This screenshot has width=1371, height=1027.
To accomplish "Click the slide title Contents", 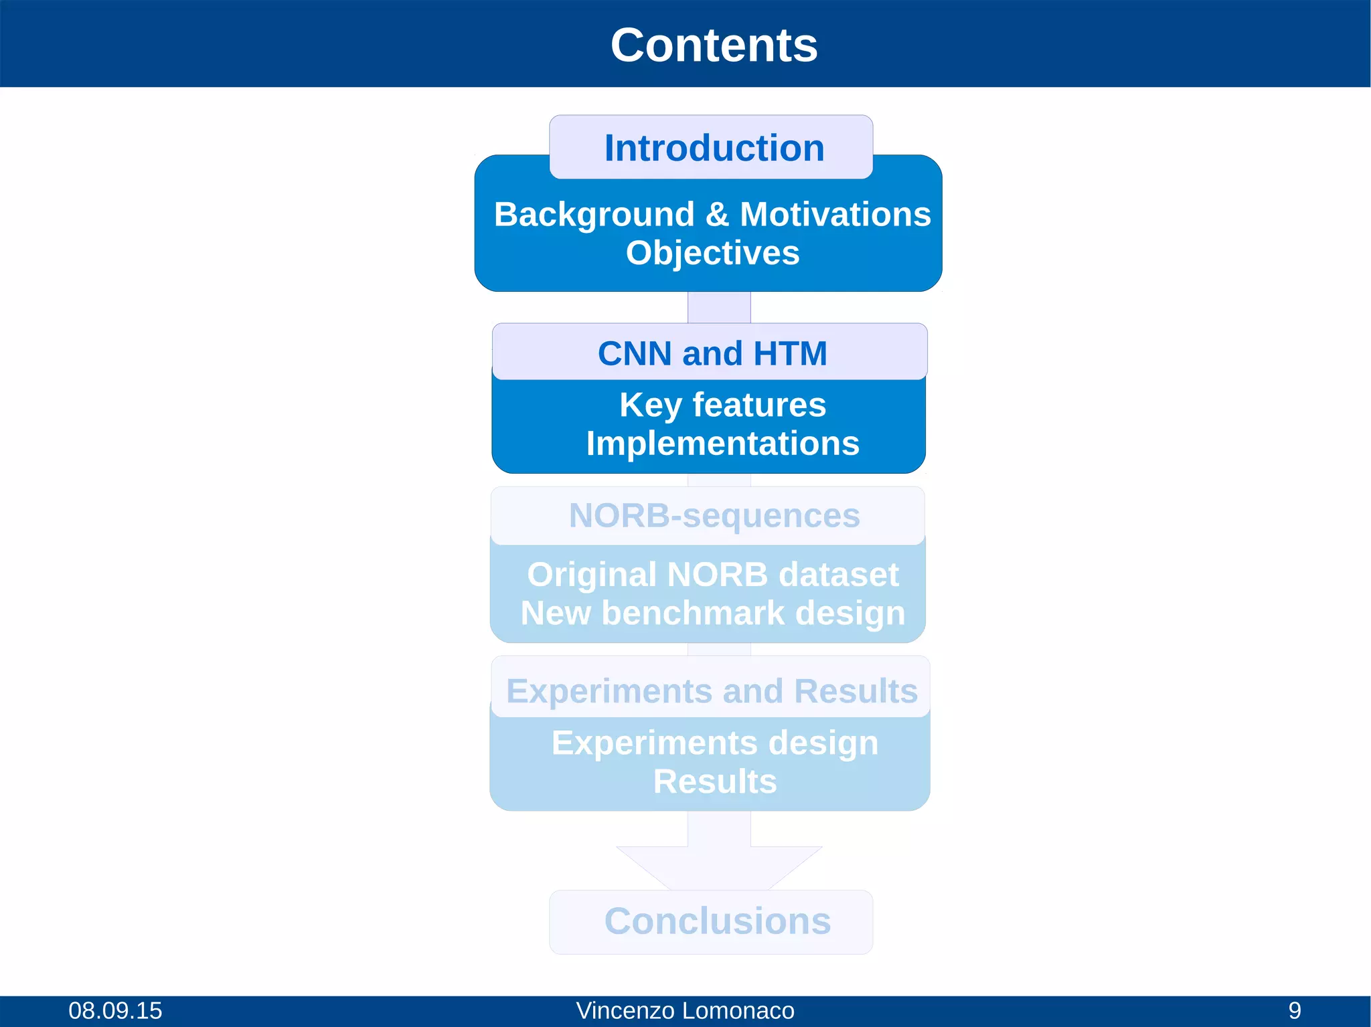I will click(x=714, y=45).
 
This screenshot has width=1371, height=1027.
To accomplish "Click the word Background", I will click(x=594, y=215).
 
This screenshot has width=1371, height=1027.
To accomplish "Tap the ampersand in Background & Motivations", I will click(x=717, y=215).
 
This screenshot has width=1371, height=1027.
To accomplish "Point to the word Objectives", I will click(x=712, y=253).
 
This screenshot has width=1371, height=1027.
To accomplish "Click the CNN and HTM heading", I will click(x=712, y=353).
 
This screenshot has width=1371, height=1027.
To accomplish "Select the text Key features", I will click(x=722, y=405).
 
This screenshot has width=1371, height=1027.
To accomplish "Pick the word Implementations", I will click(x=722, y=444).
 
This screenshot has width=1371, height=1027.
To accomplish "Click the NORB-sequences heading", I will click(x=714, y=516).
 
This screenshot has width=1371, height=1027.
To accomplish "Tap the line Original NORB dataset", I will click(x=712, y=575).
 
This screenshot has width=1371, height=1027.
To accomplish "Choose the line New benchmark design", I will click(x=712, y=613).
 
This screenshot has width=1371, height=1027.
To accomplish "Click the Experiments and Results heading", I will click(x=712, y=691).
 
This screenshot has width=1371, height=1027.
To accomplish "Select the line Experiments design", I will click(x=714, y=743).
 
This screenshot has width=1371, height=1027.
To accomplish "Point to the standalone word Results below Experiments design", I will click(x=714, y=781).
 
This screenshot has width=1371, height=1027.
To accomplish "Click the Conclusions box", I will click(x=717, y=921).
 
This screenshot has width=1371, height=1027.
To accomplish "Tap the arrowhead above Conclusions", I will click(x=719, y=867).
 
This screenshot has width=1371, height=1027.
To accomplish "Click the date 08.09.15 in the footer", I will click(x=115, y=1010).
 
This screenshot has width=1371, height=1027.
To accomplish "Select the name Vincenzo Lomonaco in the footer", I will click(x=685, y=1010).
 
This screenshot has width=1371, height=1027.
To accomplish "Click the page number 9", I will click(x=1295, y=1010).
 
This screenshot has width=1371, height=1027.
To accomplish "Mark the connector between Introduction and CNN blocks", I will click(x=719, y=307).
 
